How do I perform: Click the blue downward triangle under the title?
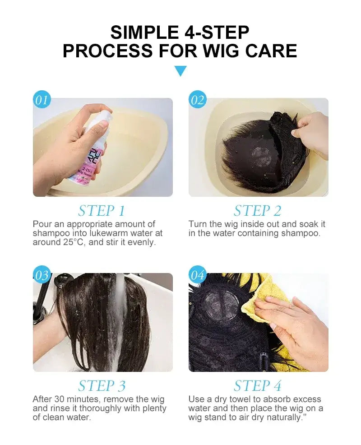[x=180, y=71]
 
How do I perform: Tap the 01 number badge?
[x=41, y=100]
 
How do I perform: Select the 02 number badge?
[x=197, y=100]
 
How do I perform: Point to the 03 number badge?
[x=42, y=275]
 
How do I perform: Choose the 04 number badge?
[x=197, y=275]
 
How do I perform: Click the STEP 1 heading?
[x=102, y=211]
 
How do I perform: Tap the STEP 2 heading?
[x=258, y=211]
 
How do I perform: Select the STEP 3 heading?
[x=102, y=386]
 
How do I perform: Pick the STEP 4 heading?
[x=258, y=386]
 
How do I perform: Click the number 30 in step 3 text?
[x=60, y=399]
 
